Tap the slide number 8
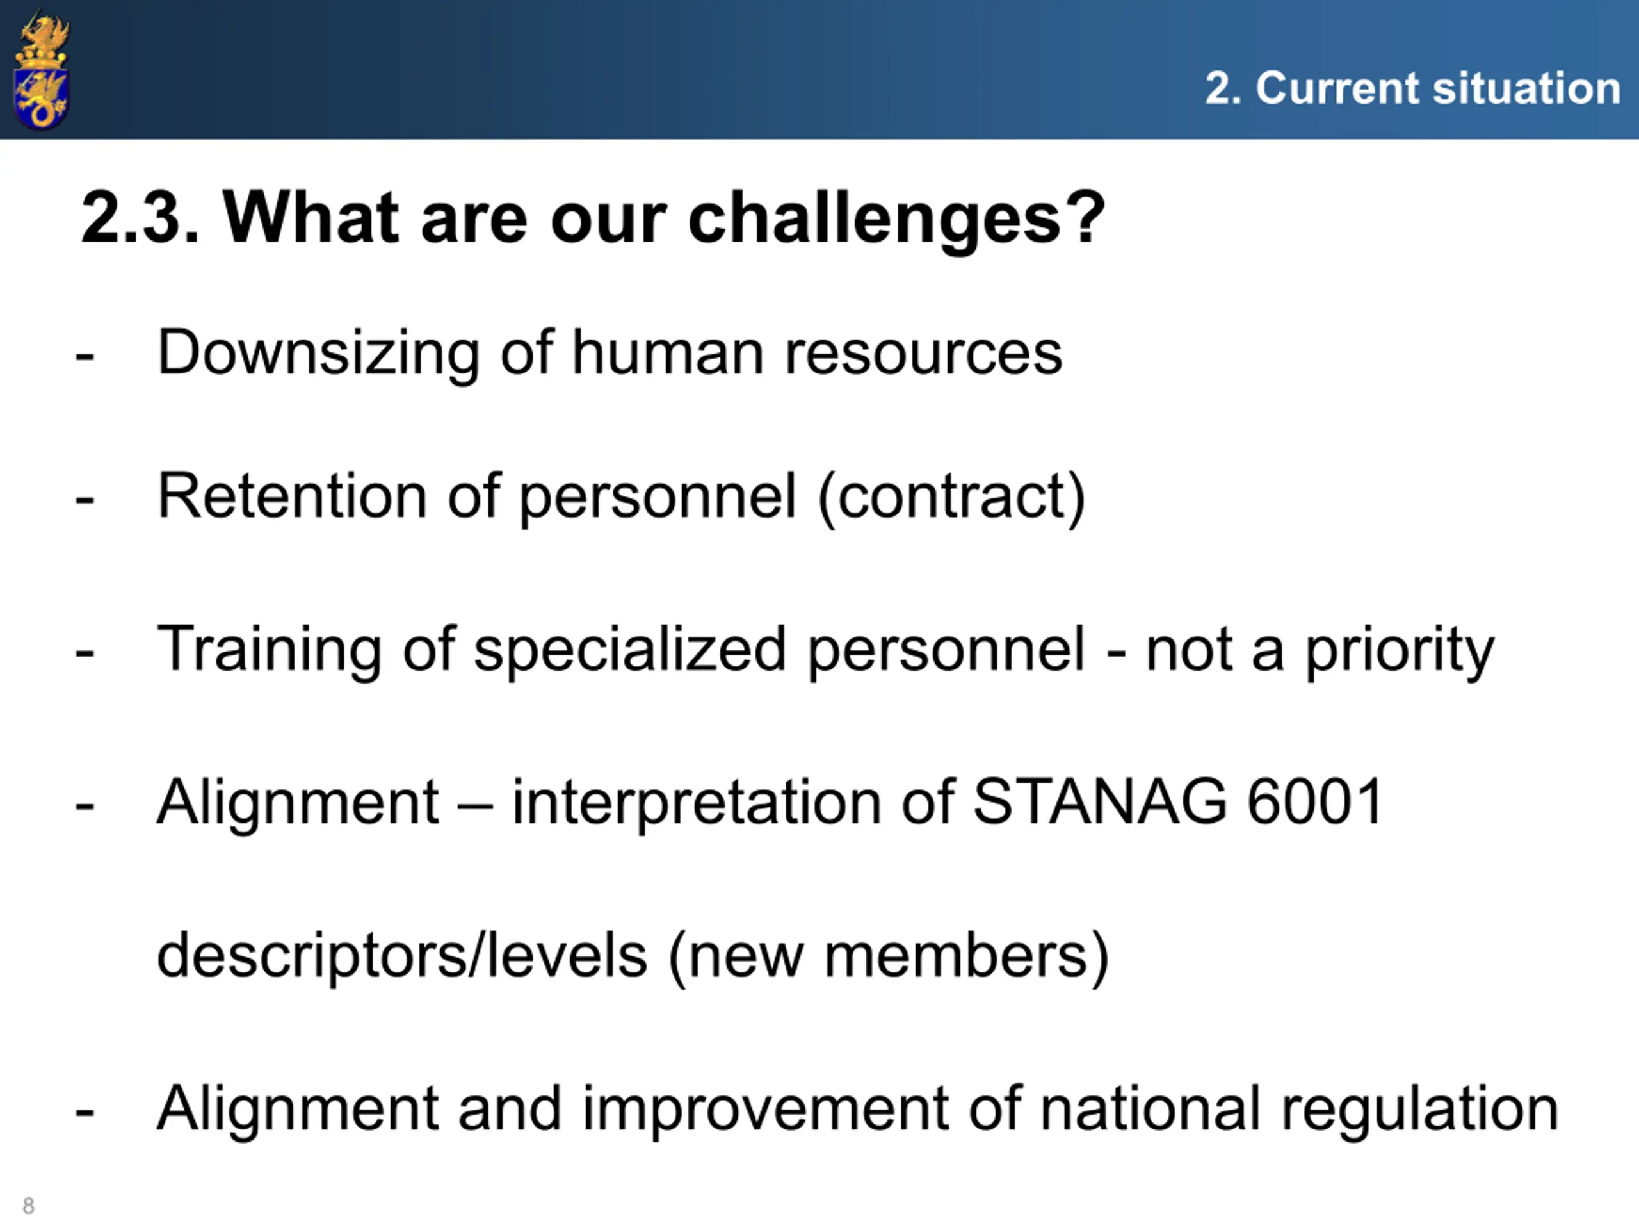(28, 1206)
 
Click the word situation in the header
(1526, 88)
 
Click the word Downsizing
(319, 354)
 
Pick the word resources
(923, 354)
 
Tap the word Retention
(293, 496)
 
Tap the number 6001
(1315, 801)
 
